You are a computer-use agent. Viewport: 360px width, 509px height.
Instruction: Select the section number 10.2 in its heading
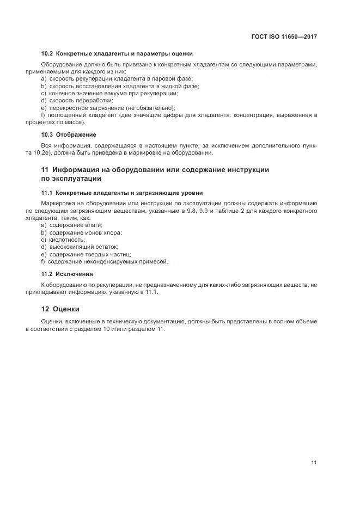point(47,53)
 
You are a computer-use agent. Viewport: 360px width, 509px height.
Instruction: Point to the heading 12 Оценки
point(56,309)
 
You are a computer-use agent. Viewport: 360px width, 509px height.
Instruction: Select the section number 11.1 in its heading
point(47,193)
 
